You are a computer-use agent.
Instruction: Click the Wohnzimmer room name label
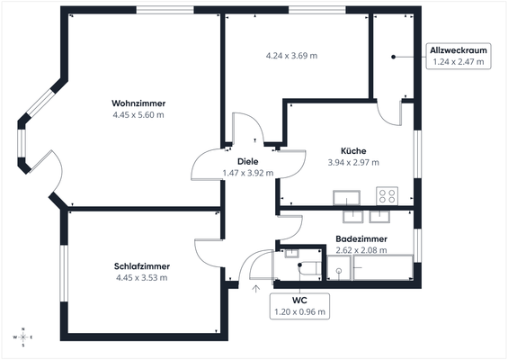138,102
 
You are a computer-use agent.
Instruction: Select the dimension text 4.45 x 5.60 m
138,114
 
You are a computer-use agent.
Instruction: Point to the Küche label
352,150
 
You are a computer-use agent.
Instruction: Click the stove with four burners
388,195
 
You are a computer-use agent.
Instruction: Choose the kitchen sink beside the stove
345,197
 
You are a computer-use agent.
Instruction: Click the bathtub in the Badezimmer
382,268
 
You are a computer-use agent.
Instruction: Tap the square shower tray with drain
339,268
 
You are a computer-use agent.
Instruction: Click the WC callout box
299,305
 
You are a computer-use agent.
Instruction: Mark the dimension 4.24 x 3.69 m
290,56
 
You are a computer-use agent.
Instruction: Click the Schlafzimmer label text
141,266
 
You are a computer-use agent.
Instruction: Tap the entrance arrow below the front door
255,289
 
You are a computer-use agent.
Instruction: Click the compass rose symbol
23,337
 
